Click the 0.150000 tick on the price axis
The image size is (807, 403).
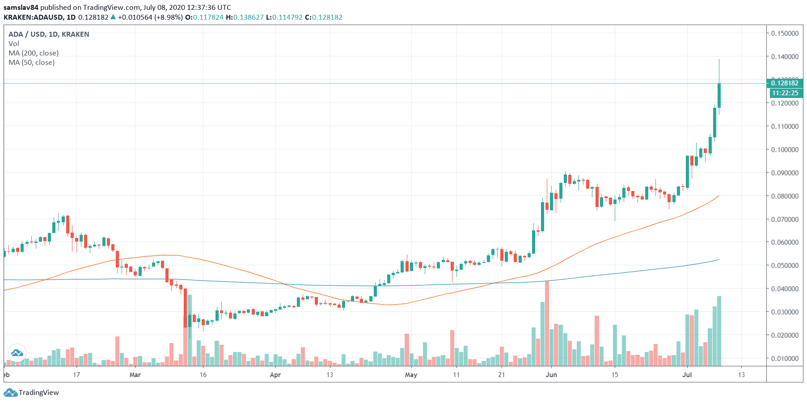[785, 34]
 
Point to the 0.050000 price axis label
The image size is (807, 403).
[785, 266]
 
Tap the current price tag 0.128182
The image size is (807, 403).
[785, 83]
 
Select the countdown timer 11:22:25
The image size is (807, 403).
[785, 93]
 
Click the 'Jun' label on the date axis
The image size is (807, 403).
[551, 375]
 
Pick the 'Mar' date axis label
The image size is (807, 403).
[135, 375]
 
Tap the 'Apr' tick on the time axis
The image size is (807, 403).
[275, 375]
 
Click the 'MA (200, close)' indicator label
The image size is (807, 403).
[34, 53]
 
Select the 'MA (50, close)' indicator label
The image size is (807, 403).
[32, 63]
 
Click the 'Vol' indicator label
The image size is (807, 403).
[14, 44]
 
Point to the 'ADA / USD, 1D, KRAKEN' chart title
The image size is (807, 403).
[49, 34]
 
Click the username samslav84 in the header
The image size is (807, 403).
[21, 8]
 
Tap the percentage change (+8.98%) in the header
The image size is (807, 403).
[169, 17]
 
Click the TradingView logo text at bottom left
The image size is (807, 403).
[38, 393]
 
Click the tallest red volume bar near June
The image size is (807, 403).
[547, 322]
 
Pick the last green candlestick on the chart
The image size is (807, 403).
[719, 95]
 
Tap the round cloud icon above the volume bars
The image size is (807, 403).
[17, 353]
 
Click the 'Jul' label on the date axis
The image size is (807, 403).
[687, 375]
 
